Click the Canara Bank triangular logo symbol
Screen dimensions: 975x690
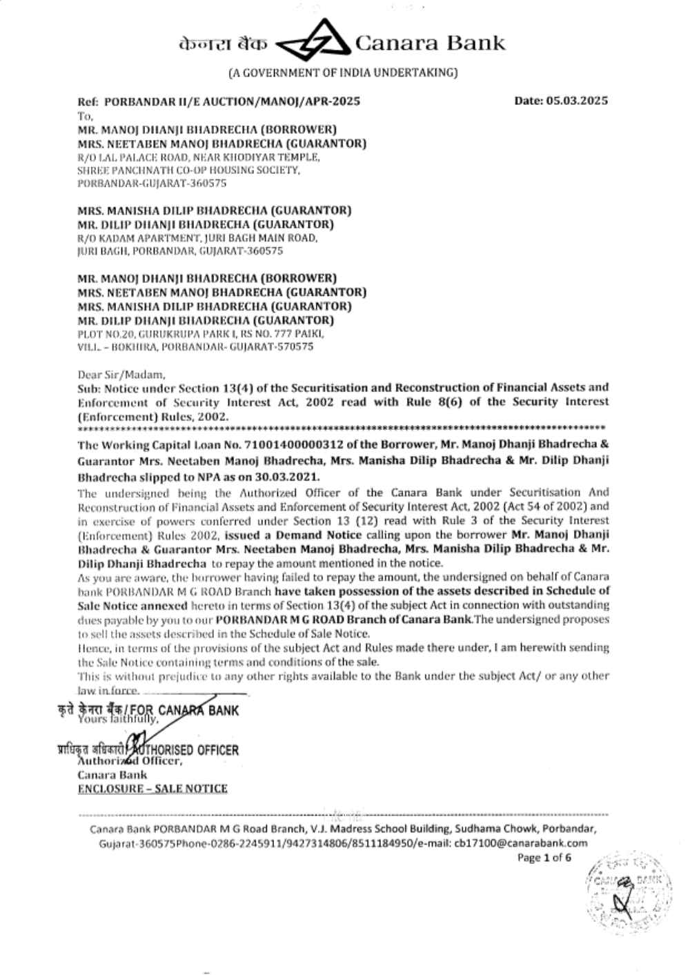click(313, 42)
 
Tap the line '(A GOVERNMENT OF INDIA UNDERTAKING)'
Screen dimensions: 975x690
click(342, 72)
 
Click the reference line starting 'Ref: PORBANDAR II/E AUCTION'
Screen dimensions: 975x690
click(219, 101)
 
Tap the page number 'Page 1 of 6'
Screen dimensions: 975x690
click(544, 858)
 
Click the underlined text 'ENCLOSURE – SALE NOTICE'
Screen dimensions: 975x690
click(152, 789)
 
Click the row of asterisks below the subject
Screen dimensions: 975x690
click(342, 429)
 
